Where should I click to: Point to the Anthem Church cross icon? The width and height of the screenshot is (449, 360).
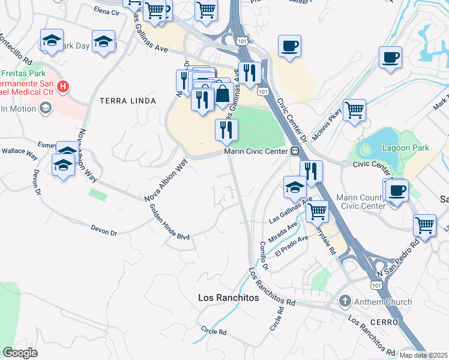coord(345,302)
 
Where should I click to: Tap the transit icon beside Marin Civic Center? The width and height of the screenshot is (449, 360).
coord(295,151)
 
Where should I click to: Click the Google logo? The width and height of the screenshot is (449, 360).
coord(19,353)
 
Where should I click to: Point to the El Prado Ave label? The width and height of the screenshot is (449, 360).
coord(291,246)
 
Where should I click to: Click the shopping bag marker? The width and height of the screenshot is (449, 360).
coord(223,94)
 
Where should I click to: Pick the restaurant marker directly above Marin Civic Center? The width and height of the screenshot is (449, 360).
coord(226,130)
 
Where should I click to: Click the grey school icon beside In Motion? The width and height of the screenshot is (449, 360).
coord(45,108)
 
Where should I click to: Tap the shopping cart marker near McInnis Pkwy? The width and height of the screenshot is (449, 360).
coord(355,110)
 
